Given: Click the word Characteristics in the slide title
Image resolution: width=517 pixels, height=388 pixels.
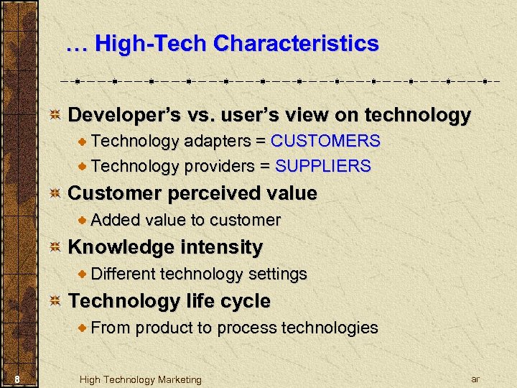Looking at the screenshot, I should point(296,44).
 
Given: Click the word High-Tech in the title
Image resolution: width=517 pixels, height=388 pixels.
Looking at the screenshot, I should point(152,44).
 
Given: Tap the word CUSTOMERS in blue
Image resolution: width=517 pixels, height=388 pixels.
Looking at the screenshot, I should point(325,141).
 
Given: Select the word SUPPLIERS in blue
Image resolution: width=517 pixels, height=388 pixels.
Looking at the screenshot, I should point(323,166).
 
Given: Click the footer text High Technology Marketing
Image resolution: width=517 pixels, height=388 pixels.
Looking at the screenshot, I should point(140,379).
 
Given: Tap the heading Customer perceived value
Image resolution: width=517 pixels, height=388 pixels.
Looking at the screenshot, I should point(192,193).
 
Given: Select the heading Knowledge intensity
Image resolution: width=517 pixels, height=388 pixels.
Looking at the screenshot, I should point(165,247).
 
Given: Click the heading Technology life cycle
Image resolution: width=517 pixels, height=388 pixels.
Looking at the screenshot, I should point(169,301).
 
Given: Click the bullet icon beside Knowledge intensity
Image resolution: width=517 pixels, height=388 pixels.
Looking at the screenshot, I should point(55,248).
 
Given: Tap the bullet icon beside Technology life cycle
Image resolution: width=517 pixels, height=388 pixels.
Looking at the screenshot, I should point(55,302).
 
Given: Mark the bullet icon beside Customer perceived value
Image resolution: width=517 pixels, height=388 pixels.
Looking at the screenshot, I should point(55,194).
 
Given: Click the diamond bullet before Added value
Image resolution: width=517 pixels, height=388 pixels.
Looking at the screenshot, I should point(83,220).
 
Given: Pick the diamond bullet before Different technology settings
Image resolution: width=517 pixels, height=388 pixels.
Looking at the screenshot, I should point(83,274).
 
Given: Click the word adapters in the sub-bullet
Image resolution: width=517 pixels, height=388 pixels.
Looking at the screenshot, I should point(214,141).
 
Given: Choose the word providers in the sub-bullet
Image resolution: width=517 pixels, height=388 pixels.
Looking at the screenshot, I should point(219,166).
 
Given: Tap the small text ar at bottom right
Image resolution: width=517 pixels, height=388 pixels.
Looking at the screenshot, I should point(475,379).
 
